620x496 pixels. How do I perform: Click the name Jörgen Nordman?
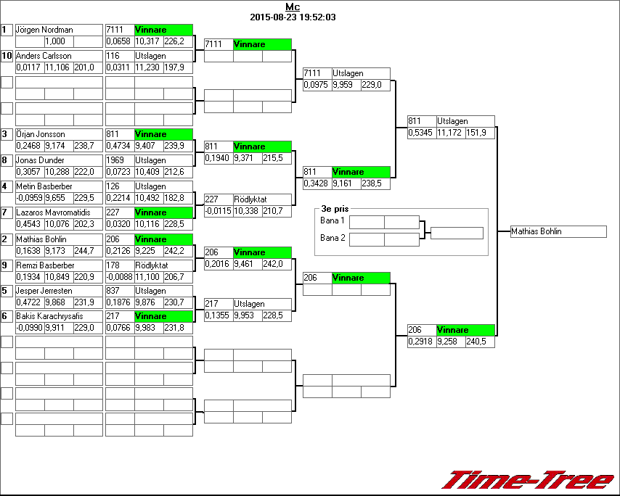pos(44,30)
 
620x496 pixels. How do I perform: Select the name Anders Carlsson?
pos(44,56)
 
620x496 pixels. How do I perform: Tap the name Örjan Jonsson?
pos(41,134)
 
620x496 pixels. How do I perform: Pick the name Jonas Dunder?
pos(40,160)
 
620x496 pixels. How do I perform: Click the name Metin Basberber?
pos(44,186)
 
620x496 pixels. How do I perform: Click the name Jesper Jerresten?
pos(44,291)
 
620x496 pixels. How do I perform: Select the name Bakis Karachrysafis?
pos(49,316)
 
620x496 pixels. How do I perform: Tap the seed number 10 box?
pos(7,56)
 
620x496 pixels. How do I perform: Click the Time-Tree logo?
pos(528,481)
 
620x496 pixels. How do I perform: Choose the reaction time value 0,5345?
pos(421,133)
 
